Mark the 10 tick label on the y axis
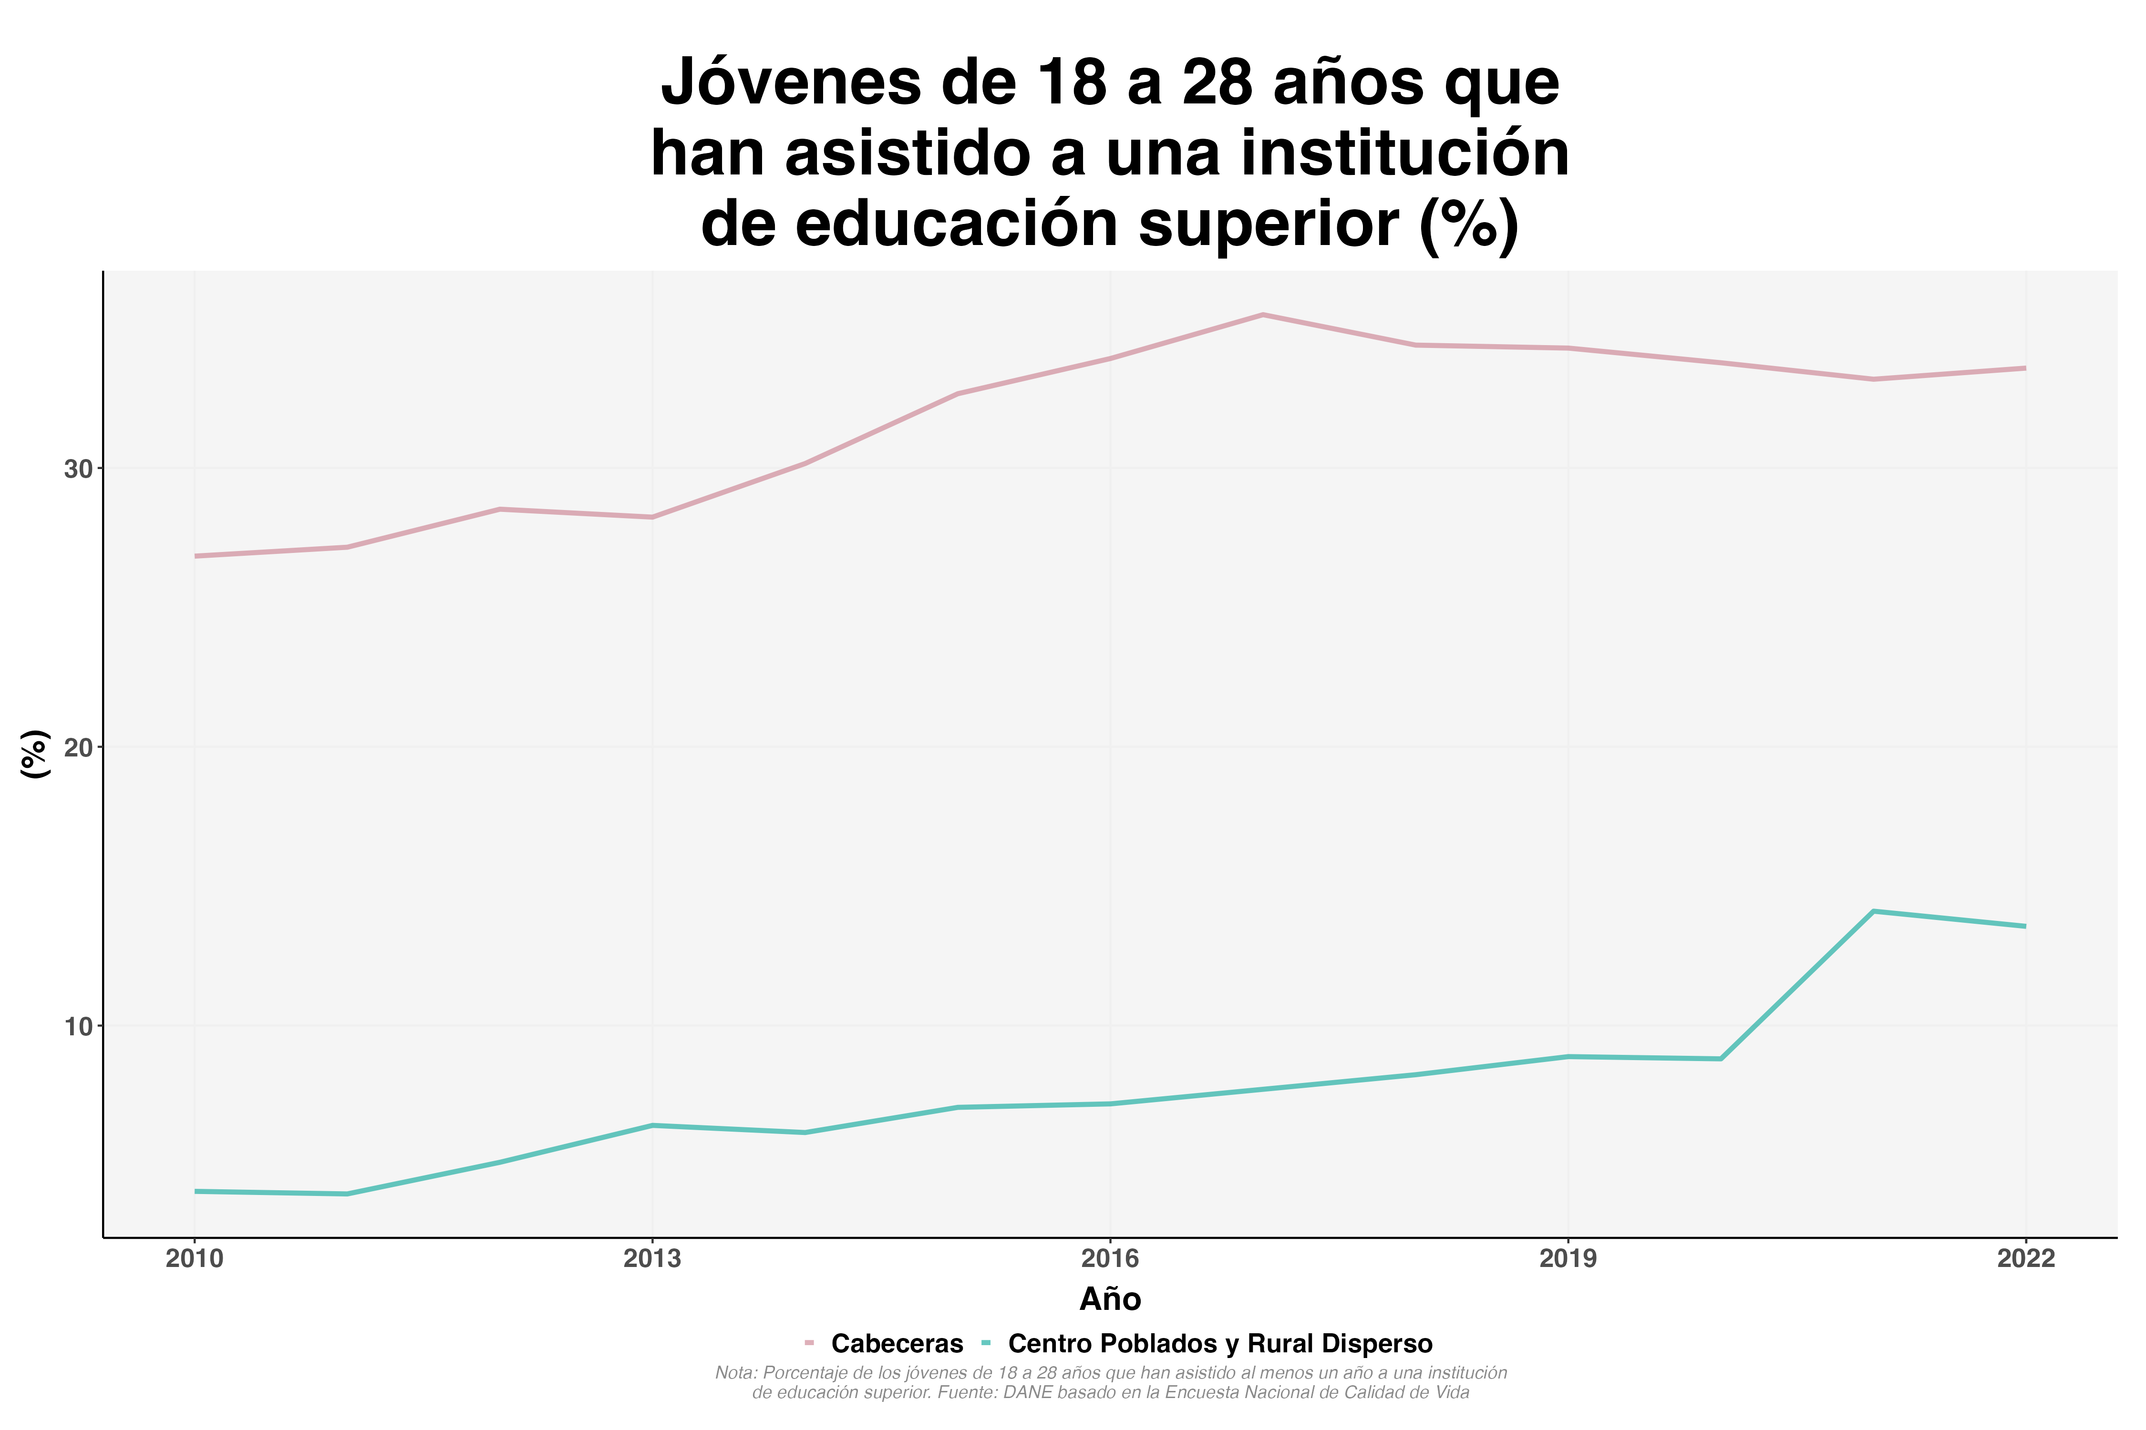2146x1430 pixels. (x=79, y=1026)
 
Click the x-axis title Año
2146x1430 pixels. (x=1110, y=1298)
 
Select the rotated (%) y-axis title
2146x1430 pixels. (x=35, y=753)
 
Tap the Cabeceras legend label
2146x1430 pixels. (x=897, y=1343)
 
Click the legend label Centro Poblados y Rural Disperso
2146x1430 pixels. (x=1220, y=1343)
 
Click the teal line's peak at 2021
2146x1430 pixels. (x=1873, y=911)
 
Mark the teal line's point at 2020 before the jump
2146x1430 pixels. (x=1721, y=1059)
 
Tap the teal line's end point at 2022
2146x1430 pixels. (x=2025, y=927)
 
